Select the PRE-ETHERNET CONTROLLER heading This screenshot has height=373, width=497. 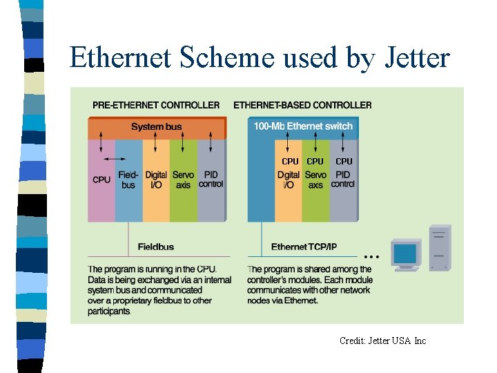[x=156, y=105]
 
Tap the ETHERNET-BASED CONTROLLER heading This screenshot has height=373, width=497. [x=302, y=105]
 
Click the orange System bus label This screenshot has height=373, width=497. [x=157, y=126]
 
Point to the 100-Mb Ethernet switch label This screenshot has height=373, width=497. [x=303, y=126]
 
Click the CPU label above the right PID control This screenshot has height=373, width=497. [x=343, y=162]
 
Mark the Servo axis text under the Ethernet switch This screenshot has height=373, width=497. [x=315, y=180]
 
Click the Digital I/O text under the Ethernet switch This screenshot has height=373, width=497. [x=289, y=180]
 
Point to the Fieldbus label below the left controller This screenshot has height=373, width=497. [x=155, y=247]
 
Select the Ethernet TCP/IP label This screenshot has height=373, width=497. [x=304, y=247]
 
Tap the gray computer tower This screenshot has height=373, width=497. [x=439, y=248]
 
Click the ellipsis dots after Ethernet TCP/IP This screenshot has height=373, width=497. [x=369, y=252]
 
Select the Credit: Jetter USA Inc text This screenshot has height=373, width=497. [x=382, y=341]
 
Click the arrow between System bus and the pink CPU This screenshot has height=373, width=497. [x=101, y=147]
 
